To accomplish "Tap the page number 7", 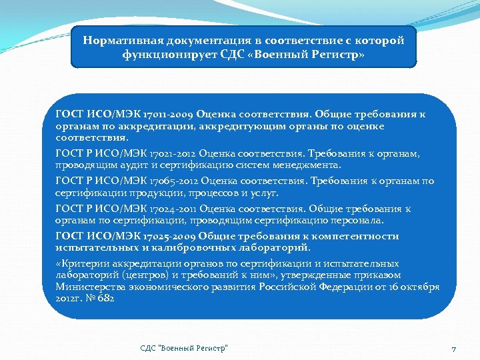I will pyautogui.click(x=453, y=349).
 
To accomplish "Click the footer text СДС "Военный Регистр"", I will pyautogui.click(x=184, y=348).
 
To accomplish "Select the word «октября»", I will pyautogui.click(x=420, y=287).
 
